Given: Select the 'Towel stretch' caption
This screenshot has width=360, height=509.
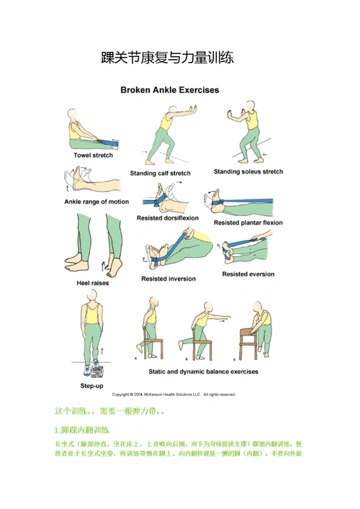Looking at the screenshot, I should [93, 155].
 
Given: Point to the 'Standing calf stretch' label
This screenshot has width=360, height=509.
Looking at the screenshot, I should [160, 173].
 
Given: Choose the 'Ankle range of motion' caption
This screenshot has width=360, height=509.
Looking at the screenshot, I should [96, 202].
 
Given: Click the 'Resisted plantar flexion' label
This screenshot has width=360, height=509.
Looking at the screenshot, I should [248, 222].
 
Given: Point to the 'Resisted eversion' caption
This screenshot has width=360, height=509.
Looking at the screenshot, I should [248, 274].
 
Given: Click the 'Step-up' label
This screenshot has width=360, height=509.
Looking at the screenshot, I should [92, 385].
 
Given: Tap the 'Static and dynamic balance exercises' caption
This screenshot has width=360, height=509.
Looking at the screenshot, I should [199, 372].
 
